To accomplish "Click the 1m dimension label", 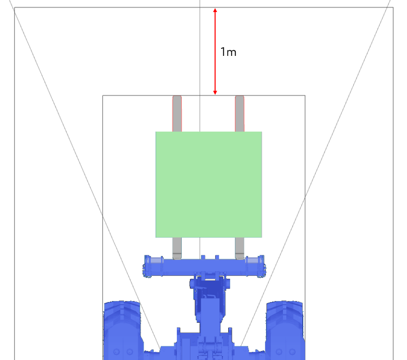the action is point(228,52).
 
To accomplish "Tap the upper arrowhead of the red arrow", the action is point(215,10).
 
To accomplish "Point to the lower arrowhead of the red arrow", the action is point(215,93).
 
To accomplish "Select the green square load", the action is point(209,184).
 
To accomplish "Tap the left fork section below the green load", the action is point(177,248).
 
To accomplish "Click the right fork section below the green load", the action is point(240,248).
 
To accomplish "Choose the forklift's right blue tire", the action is point(285,330).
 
